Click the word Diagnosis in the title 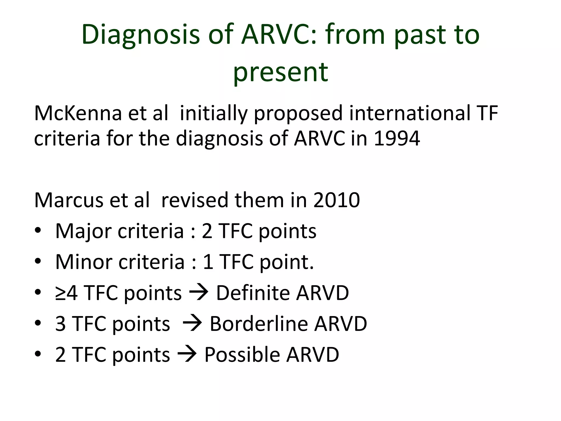click(141, 35)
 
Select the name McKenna click(78, 113)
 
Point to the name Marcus click(68, 200)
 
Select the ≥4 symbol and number click(66, 293)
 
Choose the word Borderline click(258, 324)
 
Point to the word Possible click(242, 355)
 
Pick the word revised click(194, 200)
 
